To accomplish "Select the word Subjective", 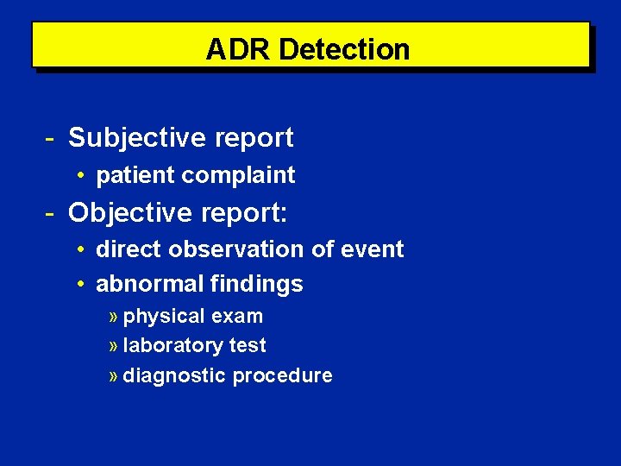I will tap(137, 137).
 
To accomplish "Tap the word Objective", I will tap(130, 212).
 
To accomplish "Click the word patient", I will tap(135, 175).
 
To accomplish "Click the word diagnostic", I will tap(174, 375).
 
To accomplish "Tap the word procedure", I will tap(282, 375).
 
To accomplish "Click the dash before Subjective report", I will tap(51, 137).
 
